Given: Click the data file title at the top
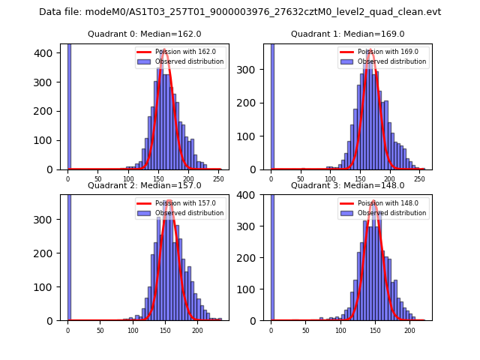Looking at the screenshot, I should click(240, 12).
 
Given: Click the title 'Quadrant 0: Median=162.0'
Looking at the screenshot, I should click(144, 34).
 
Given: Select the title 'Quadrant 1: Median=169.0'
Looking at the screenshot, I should click(347, 34).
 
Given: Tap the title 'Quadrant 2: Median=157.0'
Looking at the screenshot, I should click(144, 185).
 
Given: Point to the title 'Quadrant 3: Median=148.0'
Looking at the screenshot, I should click(347, 185).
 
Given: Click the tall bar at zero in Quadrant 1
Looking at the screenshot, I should click(271, 105).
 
